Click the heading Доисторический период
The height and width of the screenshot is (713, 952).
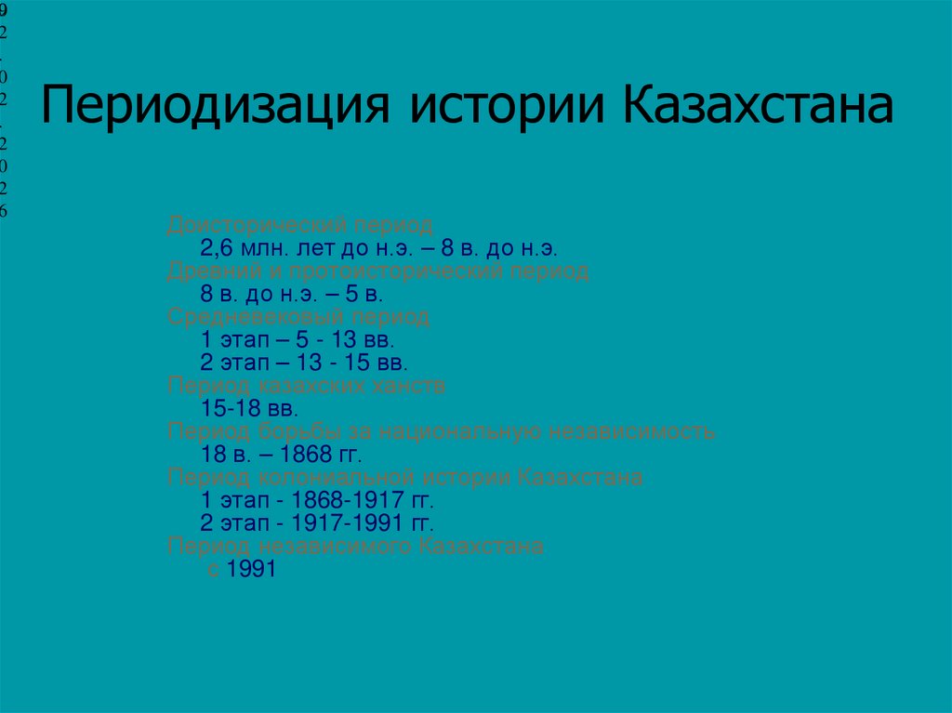(299, 226)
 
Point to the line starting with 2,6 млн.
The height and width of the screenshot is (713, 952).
(377, 248)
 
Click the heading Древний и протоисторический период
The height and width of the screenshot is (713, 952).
(377, 271)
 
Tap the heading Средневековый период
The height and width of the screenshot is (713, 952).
(298, 317)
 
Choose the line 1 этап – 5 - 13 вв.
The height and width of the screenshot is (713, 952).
(298, 339)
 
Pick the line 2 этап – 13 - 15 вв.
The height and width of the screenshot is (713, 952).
(304, 362)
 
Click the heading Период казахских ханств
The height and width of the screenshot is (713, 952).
(307, 385)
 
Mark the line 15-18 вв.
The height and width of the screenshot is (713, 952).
(248, 407)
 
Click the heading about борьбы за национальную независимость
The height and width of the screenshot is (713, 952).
(441, 431)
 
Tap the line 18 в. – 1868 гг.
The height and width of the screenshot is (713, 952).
(280, 454)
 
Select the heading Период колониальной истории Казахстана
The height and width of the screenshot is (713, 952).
(404, 478)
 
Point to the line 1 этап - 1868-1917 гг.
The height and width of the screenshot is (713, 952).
(318, 499)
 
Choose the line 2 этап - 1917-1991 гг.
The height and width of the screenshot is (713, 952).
(318, 522)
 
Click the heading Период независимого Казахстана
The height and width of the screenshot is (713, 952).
(355, 546)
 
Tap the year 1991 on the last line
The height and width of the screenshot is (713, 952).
(251, 569)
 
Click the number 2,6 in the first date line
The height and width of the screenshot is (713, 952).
(215, 248)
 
